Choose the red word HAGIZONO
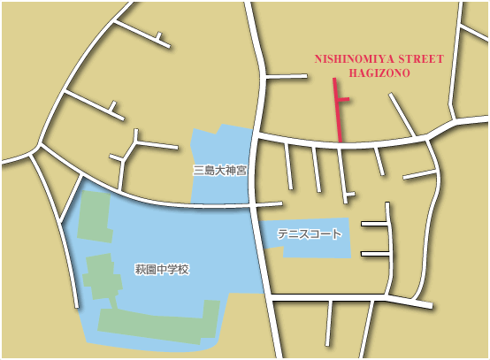pyautogui.click(x=379, y=74)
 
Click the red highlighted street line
pyautogui.click(x=335, y=106)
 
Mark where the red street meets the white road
pyautogui.click(x=340, y=142)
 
